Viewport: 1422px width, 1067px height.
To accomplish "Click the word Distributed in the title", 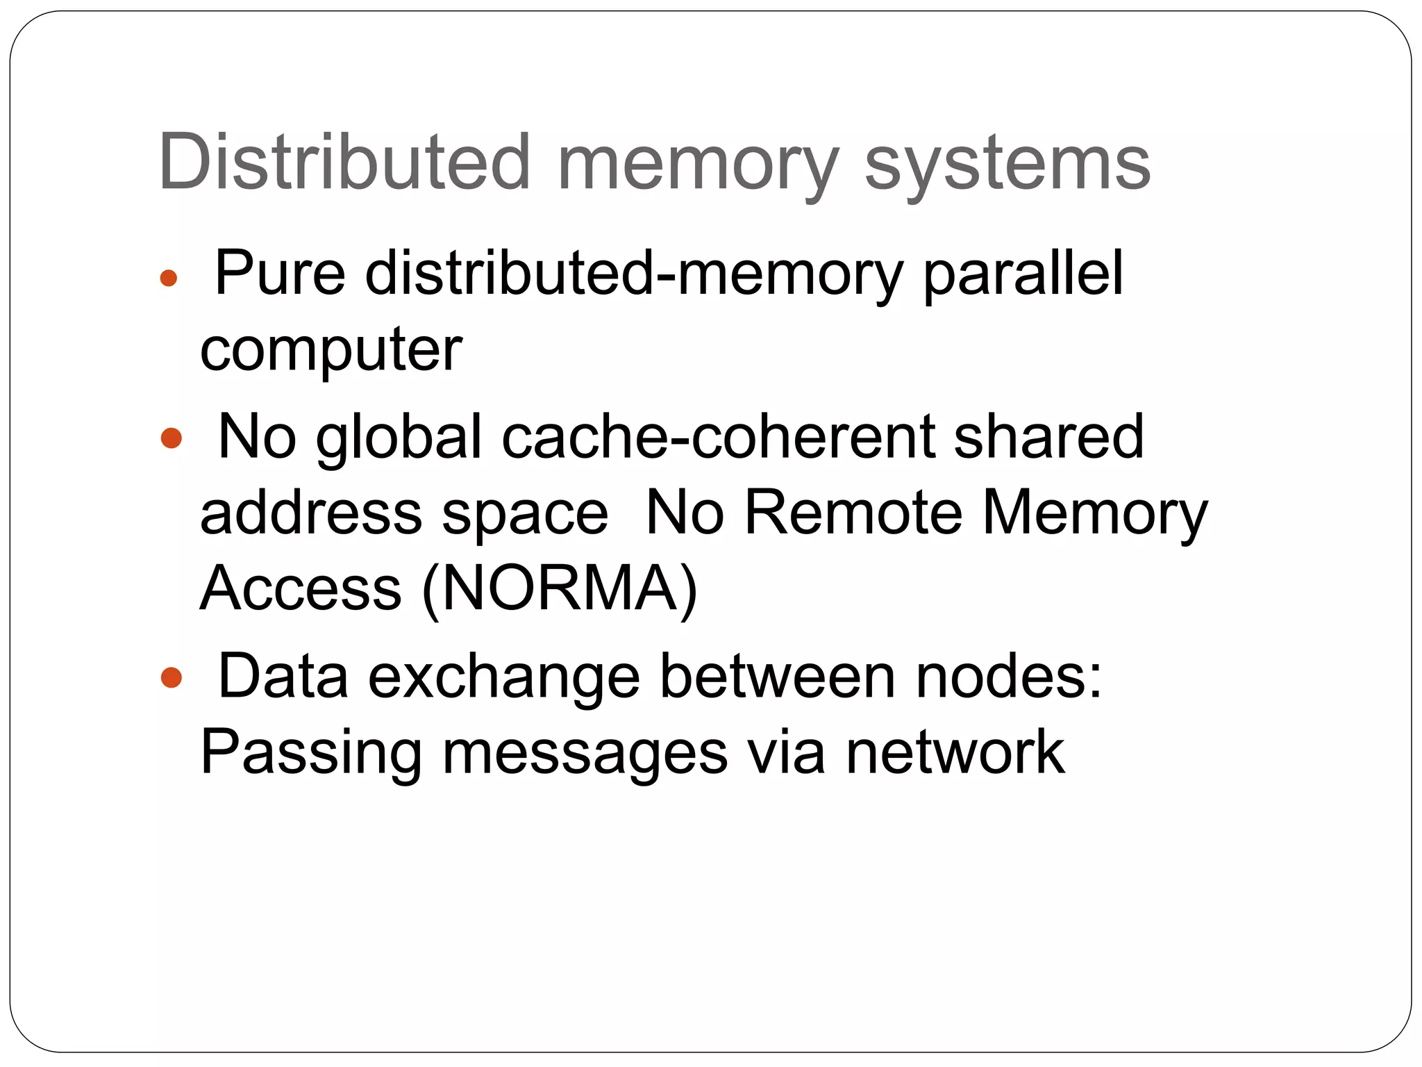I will point(344,163).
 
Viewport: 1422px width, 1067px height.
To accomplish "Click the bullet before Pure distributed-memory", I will point(168,279).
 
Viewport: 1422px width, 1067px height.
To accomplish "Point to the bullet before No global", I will point(171,438).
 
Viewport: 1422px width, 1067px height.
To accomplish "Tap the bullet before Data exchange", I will point(171,677).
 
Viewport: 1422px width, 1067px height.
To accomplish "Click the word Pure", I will point(281,273).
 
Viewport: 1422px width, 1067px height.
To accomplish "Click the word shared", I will point(1048,437).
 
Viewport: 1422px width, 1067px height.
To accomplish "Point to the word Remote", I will point(853,514).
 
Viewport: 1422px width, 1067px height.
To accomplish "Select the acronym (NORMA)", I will point(560,589).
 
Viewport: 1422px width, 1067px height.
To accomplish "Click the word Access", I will point(301,589).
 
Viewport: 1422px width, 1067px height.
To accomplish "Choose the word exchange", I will point(503,677).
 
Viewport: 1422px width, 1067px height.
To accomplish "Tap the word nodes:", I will point(1008,677).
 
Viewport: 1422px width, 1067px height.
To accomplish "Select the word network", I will point(955,752).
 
